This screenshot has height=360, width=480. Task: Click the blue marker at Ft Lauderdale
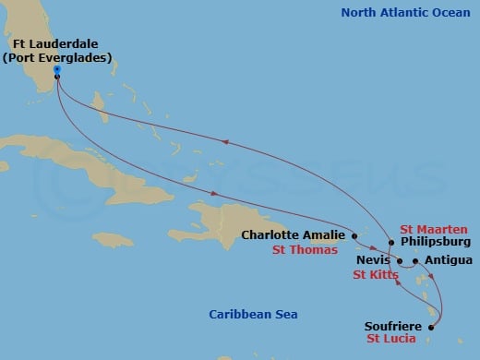coord(57,69)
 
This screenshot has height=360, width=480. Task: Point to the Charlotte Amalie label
coord(293,234)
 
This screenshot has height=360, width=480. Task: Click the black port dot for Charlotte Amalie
coord(354,235)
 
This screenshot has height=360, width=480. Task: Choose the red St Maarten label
coord(433,228)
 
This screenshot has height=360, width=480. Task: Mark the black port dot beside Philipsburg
coord(391,243)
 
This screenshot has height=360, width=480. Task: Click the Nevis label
coord(374,261)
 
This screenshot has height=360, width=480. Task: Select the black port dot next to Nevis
coord(400,261)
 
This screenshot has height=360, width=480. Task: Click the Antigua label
coord(448,260)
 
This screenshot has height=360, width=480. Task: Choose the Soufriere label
coord(396,325)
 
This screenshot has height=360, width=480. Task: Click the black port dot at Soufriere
coord(432,325)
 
